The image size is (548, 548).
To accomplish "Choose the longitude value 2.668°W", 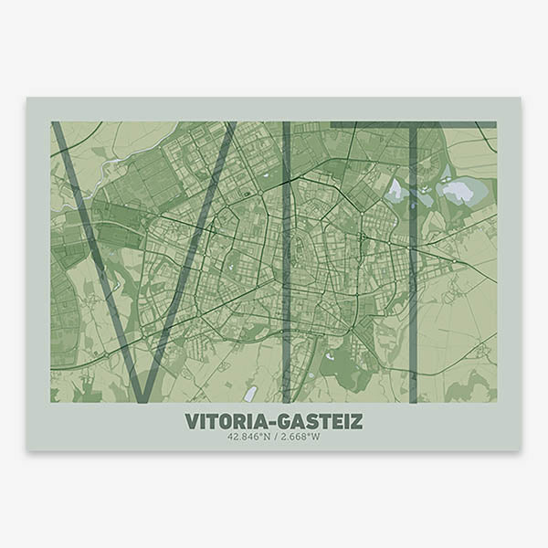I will tap(300, 437).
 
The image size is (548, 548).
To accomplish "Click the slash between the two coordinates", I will tap(275, 437).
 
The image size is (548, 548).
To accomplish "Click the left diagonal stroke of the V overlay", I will tap(96, 260).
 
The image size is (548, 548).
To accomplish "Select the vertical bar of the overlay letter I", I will tap(287, 265).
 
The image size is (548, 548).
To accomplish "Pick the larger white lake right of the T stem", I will tap(457, 191).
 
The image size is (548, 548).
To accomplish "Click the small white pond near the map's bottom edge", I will tap(250, 394).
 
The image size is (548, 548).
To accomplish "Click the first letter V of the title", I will tap(191, 421).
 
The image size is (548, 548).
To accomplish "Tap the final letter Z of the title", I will tap(356, 421).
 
